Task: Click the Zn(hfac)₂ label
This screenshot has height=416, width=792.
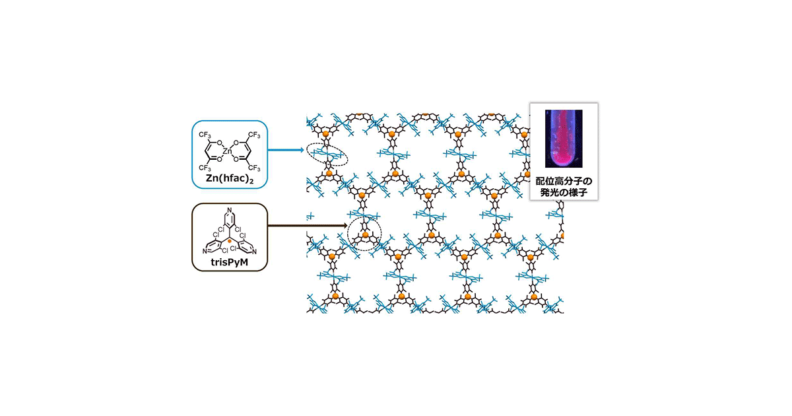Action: click(x=230, y=179)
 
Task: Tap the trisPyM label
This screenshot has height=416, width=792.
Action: click(x=230, y=263)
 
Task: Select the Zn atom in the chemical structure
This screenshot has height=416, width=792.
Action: click(x=228, y=151)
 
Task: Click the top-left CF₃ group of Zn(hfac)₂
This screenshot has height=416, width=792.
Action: click(x=205, y=135)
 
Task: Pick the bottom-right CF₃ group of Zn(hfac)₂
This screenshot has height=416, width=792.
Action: click(x=254, y=168)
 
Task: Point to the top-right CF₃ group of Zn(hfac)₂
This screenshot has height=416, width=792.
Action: click(x=254, y=135)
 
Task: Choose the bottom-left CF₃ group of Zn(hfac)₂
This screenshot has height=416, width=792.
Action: click(x=205, y=168)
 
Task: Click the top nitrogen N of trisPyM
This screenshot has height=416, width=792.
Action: click(x=230, y=210)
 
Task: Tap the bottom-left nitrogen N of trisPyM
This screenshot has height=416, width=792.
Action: click(x=205, y=251)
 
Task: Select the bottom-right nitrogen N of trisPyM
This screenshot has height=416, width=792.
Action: click(x=254, y=252)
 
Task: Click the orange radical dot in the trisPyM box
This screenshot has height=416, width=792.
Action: click(x=230, y=241)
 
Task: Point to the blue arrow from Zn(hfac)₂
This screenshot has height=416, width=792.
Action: click(x=286, y=150)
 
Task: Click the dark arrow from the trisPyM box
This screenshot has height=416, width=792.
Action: click(x=308, y=225)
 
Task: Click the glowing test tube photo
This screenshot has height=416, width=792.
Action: click(x=564, y=138)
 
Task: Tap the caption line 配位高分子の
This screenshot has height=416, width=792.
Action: click(x=564, y=182)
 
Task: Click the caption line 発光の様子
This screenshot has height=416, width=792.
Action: click(x=564, y=192)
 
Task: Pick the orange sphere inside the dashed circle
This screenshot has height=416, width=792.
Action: click(x=365, y=234)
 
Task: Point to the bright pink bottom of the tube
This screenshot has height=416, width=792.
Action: click(x=563, y=160)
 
